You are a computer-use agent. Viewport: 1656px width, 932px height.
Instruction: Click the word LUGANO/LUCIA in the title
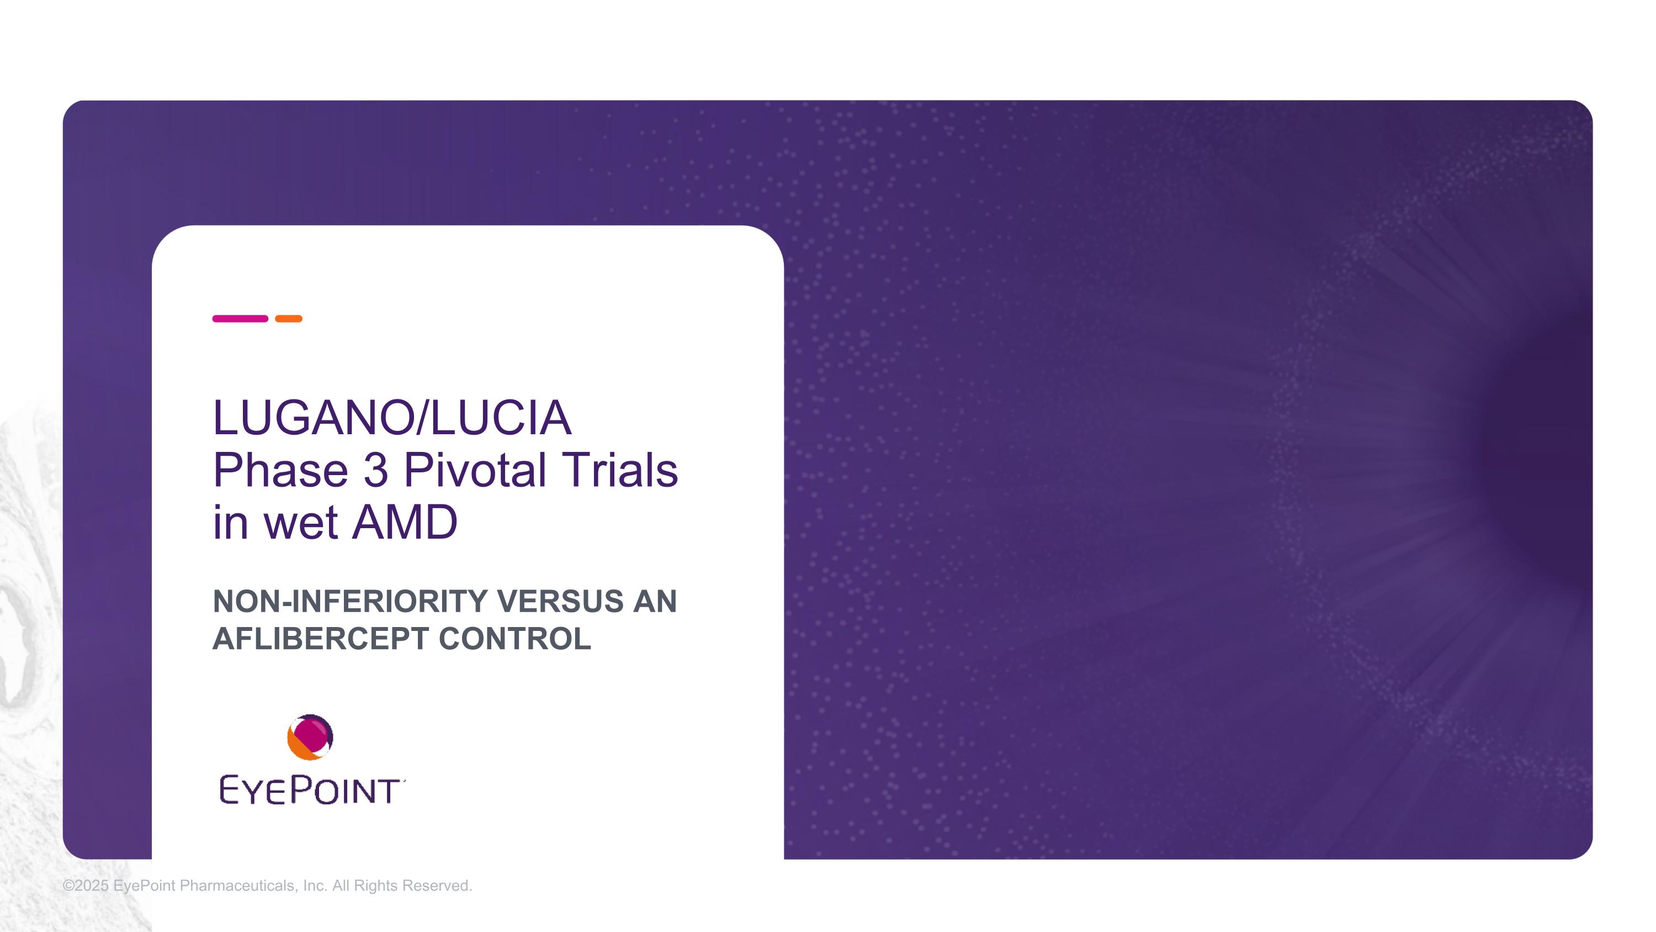pos(392,418)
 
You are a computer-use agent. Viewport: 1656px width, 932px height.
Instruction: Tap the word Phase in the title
pos(281,470)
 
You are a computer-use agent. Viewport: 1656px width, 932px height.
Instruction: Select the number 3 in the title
pos(376,470)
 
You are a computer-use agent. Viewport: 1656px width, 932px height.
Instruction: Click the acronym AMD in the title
pos(405,522)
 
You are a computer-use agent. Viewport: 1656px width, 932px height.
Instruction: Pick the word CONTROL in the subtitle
pos(515,639)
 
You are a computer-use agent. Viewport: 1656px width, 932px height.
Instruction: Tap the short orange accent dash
pos(289,318)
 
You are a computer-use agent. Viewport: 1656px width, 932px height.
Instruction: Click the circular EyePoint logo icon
pos(310,737)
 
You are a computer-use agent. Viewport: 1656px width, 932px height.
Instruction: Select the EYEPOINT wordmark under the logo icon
pos(312,790)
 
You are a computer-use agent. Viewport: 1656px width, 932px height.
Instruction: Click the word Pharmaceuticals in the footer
pos(238,886)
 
